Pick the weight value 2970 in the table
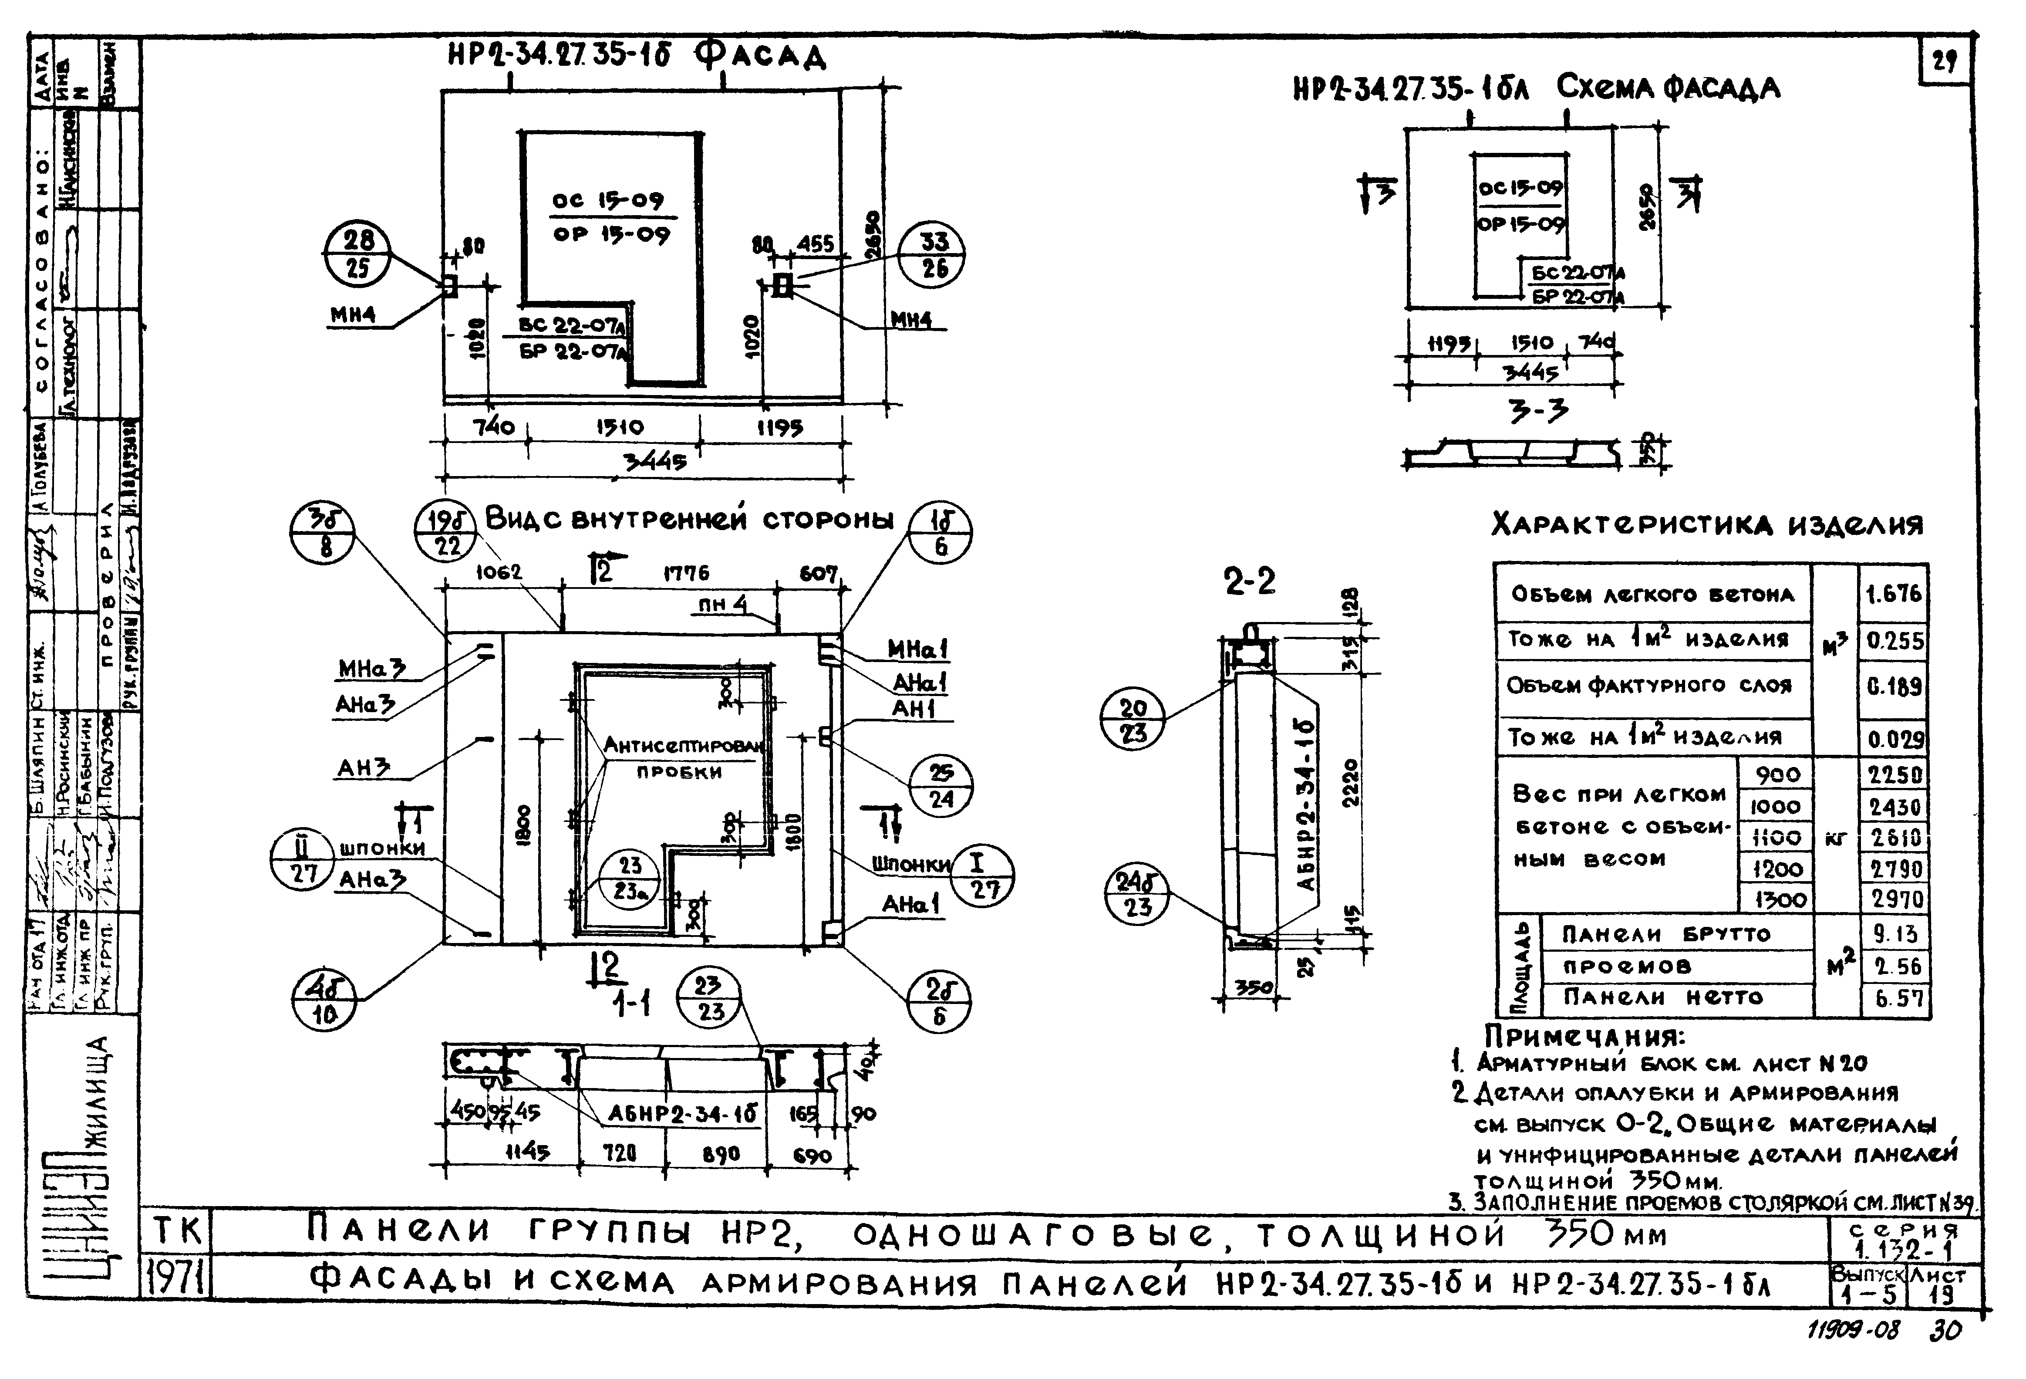[1895, 899]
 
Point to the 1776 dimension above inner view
[686, 573]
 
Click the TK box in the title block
[177, 1232]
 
